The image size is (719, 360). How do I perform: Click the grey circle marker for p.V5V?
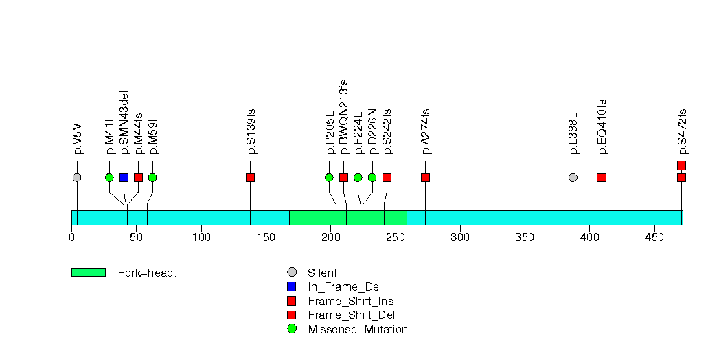[77, 177]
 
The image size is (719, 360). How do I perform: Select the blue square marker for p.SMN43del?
[124, 177]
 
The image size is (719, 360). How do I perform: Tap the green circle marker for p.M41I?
[109, 177]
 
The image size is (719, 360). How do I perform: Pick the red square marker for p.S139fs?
[250, 177]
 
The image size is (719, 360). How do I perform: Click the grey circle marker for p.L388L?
[573, 177]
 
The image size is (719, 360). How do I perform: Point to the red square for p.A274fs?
[425, 177]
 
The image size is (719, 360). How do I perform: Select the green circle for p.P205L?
[329, 177]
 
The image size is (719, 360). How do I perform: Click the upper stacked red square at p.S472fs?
[681, 166]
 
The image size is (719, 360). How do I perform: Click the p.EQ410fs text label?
[602, 126]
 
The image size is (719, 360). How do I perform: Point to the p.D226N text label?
[372, 132]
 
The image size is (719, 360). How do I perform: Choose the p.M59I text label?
[153, 137]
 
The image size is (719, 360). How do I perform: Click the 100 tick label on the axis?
[201, 237]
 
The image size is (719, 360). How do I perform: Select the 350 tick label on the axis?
[525, 237]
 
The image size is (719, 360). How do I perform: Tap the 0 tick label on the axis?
[71, 237]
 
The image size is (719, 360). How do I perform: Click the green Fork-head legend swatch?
[89, 273]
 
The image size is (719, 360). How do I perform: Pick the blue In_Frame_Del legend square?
[291, 286]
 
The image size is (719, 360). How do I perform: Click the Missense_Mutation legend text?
[358, 329]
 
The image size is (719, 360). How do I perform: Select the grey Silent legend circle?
[291, 273]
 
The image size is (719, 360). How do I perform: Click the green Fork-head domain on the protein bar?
[348, 218]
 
